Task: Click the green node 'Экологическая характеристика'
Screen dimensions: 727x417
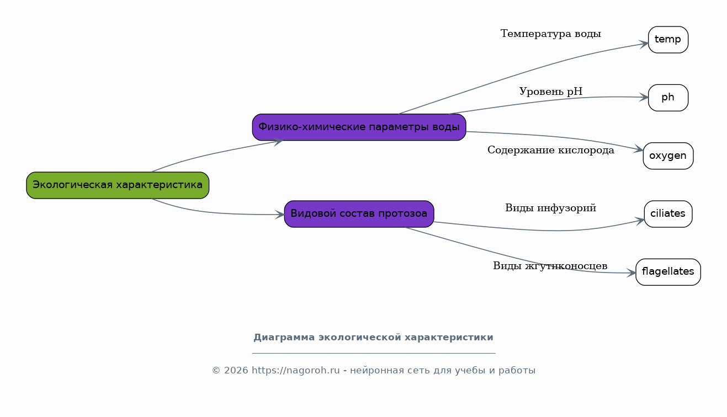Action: coord(118,185)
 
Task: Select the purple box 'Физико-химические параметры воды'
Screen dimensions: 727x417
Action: coord(359,127)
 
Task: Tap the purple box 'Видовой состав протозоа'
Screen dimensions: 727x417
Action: coord(359,214)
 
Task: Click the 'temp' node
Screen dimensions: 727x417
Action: coord(668,40)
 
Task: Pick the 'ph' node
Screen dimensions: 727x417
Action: coord(668,98)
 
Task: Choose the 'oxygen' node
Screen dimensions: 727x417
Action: coord(668,156)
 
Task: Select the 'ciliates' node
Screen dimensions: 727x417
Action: coord(668,214)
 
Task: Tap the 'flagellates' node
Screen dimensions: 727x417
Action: coord(668,272)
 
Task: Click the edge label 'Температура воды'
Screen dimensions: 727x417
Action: coord(551,34)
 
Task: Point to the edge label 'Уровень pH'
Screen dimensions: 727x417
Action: coord(551,92)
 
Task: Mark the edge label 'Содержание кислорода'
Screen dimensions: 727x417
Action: coord(551,150)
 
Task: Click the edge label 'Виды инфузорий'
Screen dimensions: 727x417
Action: coord(551,208)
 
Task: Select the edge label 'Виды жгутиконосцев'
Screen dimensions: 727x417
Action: coord(550,266)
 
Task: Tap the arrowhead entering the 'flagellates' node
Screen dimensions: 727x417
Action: coord(631,273)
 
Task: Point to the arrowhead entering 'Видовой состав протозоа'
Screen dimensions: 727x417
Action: coord(280,215)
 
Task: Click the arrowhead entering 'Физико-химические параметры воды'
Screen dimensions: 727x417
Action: coord(278,142)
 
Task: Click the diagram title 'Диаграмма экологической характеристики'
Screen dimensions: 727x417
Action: coord(373,338)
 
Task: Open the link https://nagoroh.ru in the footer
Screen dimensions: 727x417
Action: coord(296,370)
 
